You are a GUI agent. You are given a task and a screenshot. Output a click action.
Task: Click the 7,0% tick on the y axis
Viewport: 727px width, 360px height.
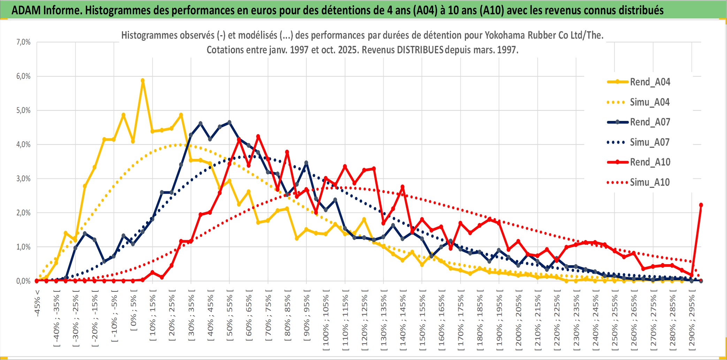coord(23,42)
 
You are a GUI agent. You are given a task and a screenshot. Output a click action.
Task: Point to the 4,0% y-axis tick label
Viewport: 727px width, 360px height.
coord(23,144)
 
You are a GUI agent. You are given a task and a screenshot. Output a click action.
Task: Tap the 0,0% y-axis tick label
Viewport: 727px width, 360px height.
coord(23,281)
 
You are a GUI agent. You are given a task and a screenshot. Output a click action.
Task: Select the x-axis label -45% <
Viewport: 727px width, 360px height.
coord(37,303)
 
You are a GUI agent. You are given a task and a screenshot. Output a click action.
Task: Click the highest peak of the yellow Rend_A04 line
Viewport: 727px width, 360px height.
coord(143,81)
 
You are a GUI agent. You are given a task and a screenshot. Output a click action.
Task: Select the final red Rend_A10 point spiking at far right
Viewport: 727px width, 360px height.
coord(701,205)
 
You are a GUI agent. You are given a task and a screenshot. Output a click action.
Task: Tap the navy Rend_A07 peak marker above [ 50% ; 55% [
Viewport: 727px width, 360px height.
coord(229,122)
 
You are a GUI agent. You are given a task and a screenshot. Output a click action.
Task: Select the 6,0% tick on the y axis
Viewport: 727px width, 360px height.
coord(23,76)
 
